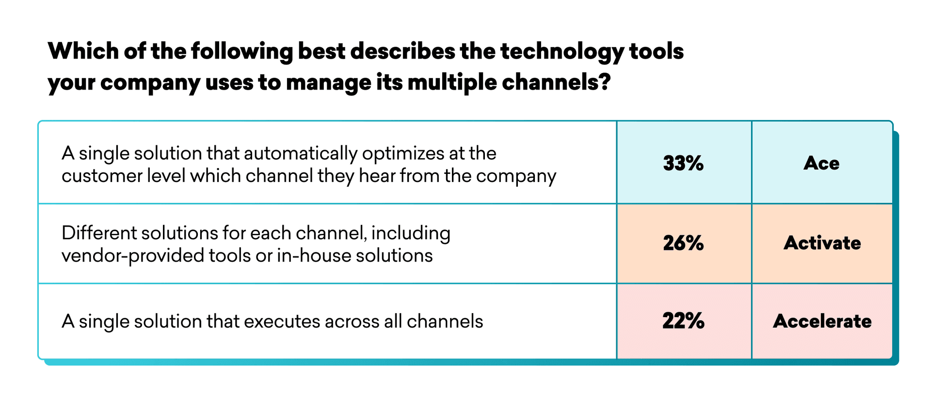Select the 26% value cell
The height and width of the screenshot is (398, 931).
pyautogui.click(x=684, y=243)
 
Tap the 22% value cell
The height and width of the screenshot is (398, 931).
pyautogui.click(x=684, y=321)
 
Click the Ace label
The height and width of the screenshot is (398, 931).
pyautogui.click(x=821, y=163)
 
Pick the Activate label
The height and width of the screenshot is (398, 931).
pyautogui.click(x=822, y=243)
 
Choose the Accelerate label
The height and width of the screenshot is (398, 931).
pyautogui.click(x=822, y=321)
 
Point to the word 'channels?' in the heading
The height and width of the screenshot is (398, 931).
pyautogui.click(x=556, y=82)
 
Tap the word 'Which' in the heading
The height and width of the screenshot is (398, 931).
pyautogui.click(x=83, y=51)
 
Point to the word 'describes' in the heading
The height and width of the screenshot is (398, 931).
pyautogui.click(x=403, y=51)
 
